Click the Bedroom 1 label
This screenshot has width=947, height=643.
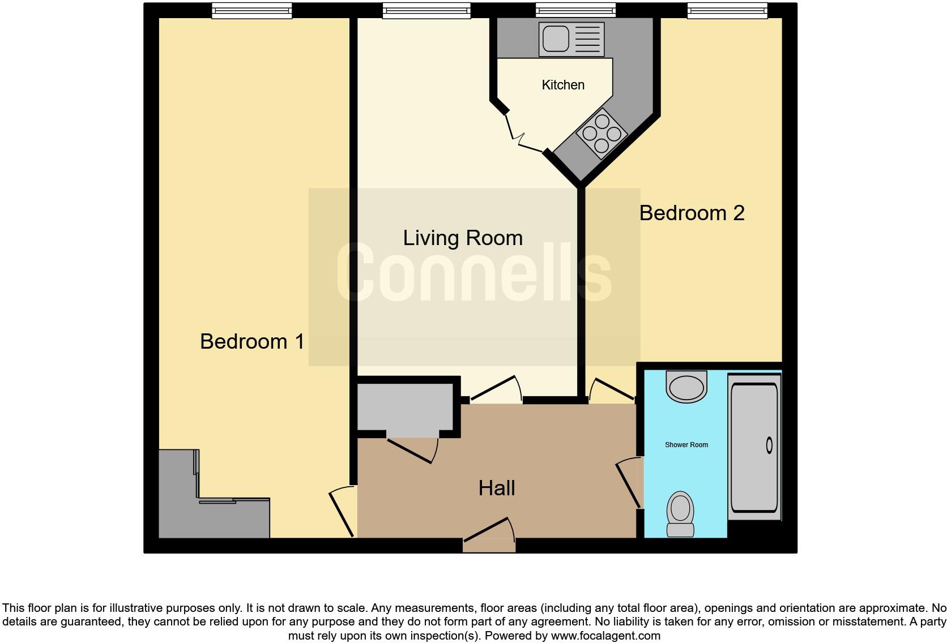click(252, 341)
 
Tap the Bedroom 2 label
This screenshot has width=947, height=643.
click(692, 213)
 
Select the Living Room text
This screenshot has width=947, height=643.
click(463, 238)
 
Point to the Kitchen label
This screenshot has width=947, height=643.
click(563, 85)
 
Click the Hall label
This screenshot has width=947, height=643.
click(497, 488)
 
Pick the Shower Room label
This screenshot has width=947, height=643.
click(686, 445)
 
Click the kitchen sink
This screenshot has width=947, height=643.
click(571, 38)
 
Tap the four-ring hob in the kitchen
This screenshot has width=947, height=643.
click(602, 134)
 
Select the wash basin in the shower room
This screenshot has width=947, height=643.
click(687, 387)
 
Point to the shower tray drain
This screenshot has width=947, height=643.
click(769, 445)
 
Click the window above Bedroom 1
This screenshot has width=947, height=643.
click(252, 10)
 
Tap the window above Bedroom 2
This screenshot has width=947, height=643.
click(727, 10)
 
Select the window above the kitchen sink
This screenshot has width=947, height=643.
click(575, 10)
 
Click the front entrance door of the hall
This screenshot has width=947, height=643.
click(489, 532)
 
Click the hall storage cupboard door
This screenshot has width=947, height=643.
click(411, 449)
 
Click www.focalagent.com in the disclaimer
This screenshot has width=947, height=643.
click(605, 636)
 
